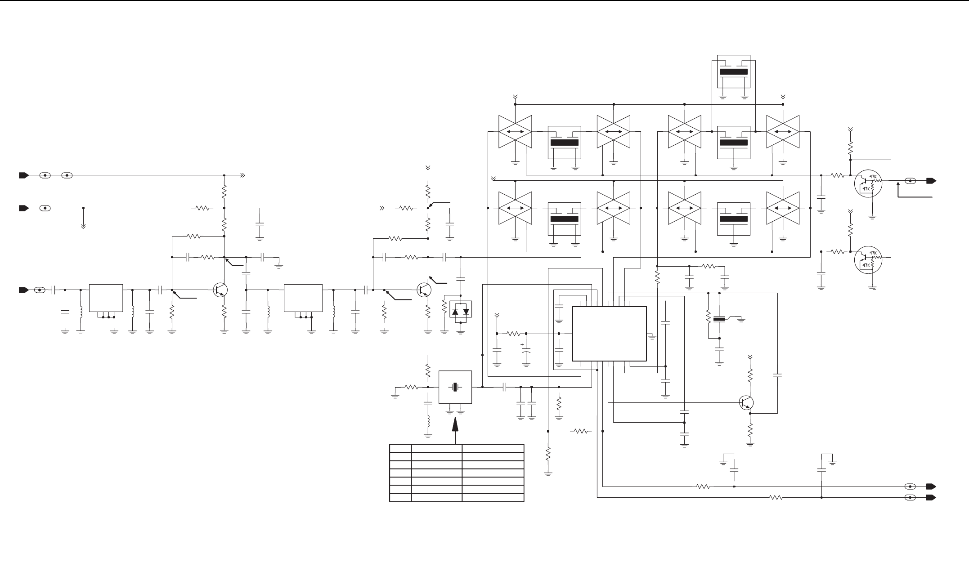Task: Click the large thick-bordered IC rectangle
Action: [x=609, y=334]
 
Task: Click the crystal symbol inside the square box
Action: [x=455, y=387]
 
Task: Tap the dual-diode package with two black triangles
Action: [x=461, y=309]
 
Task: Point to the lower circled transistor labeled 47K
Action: [x=868, y=260]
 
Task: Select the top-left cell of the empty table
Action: [x=400, y=448]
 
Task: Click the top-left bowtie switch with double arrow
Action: [x=515, y=132]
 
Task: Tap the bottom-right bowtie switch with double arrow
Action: [x=783, y=208]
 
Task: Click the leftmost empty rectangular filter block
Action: [x=106, y=298]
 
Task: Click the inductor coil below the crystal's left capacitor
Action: [x=428, y=422]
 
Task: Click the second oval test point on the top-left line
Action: [x=67, y=175]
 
